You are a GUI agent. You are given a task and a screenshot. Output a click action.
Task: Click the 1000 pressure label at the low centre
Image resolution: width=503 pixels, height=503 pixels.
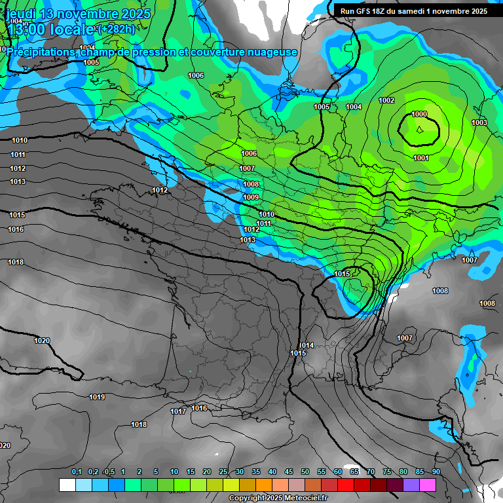pyautogui.click(x=419, y=114)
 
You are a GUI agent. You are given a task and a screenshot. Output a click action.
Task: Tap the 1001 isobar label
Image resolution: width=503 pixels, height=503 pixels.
pyautogui.click(x=421, y=158)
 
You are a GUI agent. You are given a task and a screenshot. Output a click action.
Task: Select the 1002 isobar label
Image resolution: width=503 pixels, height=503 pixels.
pyautogui.click(x=386, y=100)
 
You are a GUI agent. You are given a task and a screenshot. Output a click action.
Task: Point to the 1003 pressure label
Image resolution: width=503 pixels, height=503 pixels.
pyautogui.click(x=479, y=122)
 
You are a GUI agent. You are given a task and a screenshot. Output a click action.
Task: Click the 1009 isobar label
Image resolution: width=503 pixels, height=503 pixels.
pyautogui.click(x=251, y=197)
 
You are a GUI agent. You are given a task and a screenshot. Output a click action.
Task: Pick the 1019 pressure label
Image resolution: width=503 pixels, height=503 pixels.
pyautogui.click(x=97, y=397)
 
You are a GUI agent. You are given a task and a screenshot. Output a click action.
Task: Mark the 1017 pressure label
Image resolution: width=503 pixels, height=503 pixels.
pyautogui.click(x=178, y=411)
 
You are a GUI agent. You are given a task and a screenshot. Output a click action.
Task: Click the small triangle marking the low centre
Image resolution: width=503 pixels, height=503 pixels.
pyautogui.click(x=420, y=129)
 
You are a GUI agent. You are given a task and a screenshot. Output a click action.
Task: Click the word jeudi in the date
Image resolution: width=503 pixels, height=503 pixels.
pyautogui.click(x=24, y=14)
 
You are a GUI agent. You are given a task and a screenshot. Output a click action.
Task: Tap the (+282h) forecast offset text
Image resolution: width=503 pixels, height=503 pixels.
pyautogui.click(x=117, y=29)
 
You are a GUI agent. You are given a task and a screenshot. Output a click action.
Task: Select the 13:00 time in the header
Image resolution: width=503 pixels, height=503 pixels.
pyautogui.click(x=30, y=29)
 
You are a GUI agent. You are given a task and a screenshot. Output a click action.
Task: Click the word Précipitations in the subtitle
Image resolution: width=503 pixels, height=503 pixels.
pyautogui.click(x=43, y=52)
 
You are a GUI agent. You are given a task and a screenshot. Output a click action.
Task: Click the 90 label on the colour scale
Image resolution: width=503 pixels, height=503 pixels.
pyautogui.click(x=436, y=472)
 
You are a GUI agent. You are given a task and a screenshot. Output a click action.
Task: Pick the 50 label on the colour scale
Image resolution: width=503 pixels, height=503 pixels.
pyautogui.click(x=305, y=472)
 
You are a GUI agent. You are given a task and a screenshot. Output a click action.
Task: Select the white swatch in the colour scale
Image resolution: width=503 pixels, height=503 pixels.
pyautogui.click(x=67, y=485)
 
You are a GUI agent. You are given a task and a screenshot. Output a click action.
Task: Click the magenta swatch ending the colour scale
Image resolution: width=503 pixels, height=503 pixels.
pyautogui.click(x=427, y=485)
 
